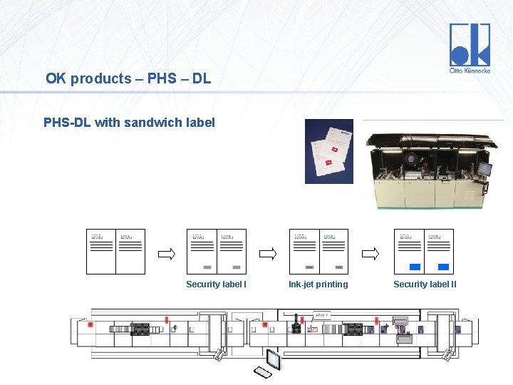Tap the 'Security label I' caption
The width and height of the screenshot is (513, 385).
[x=216, y=284]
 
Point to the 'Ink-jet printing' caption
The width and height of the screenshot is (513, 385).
[x=318, y=284]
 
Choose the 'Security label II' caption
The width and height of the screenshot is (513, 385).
[x=425, y=284]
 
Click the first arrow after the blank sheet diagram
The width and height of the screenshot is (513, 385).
[x=166, y=253]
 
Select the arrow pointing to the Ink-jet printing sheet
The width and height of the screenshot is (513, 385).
[x=269, y=253]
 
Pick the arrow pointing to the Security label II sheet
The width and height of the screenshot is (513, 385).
[x=371, y=253]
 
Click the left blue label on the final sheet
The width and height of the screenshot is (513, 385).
[x=415, y=267]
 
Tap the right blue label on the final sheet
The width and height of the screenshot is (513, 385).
[x=443, y=267]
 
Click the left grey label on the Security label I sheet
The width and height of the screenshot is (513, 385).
[x=207, y=267]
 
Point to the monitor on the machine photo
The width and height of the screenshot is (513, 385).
[x=484, y=168]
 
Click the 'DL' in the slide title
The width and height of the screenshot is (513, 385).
[x=202, y=78]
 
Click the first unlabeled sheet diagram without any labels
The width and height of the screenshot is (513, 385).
[x=115, y=252]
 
